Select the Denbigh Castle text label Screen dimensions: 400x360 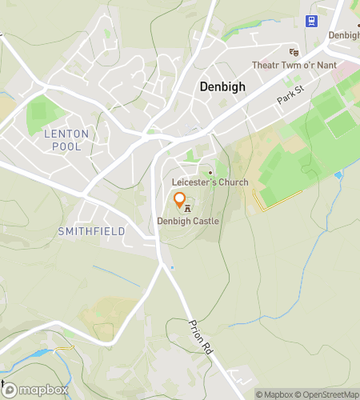(187, 221)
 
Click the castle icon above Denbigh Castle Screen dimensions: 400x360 (187, 209)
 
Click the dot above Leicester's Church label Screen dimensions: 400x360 (210, 173)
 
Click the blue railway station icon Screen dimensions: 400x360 (310, 22)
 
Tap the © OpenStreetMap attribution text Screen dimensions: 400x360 (326, 394)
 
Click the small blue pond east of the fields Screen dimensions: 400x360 (338, 174)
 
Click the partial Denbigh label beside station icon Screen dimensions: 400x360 (344, 36)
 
